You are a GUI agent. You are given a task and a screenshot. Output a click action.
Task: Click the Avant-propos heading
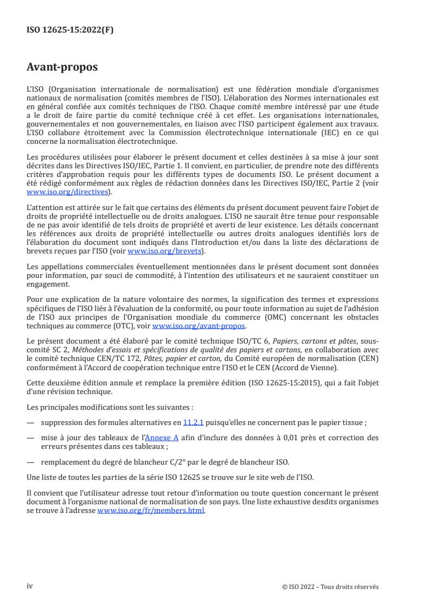coord(62,67)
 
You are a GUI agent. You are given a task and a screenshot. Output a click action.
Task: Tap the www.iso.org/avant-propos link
coord(200,326)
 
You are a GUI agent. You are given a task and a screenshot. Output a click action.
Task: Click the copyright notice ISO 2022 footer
coord(331,587)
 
